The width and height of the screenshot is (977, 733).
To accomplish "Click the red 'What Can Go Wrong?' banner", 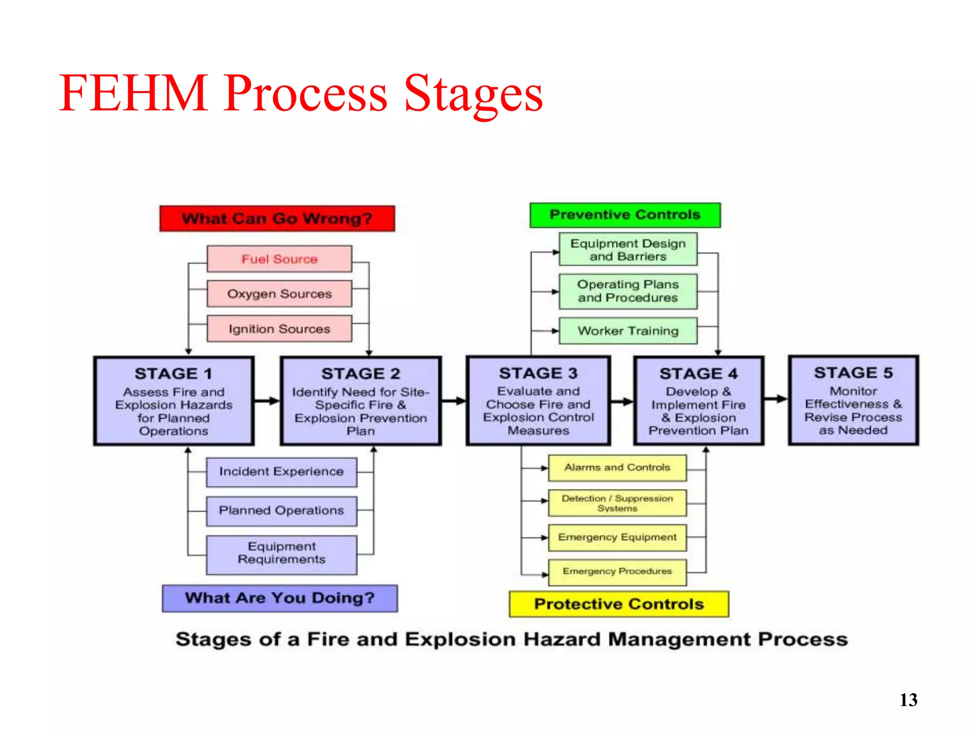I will (277, 219).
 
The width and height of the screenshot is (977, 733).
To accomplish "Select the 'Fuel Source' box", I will (280, 259).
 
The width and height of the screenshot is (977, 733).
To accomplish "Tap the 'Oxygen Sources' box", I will (280, 293).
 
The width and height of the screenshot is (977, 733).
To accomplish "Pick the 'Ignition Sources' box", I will (280, 329).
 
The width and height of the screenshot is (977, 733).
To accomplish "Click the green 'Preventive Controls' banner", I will (625, 215).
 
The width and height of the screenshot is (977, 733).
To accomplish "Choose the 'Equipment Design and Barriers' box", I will (628, 250).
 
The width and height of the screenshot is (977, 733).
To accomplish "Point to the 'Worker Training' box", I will (628, 331).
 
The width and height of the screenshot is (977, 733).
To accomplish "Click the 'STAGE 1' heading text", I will (173, 374).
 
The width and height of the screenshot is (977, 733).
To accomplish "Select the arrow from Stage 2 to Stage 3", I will (453, 401).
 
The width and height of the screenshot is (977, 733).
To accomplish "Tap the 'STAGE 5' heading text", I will (853, 373).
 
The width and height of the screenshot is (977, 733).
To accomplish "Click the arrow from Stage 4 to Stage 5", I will (776, 399).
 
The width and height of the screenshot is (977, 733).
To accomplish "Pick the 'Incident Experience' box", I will (281, 471).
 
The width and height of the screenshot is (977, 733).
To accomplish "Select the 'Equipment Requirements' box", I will (281, 554).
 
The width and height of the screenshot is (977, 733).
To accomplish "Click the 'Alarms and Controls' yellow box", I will (617, 468).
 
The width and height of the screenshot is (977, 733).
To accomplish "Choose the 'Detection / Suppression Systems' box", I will (617, 503).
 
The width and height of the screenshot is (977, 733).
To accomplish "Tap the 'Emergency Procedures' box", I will (617, 571).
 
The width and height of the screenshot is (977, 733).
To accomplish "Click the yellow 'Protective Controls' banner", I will (619, 604).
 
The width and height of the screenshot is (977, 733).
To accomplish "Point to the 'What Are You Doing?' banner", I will (280, 598).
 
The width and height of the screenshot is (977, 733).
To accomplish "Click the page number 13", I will (908, 700).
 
